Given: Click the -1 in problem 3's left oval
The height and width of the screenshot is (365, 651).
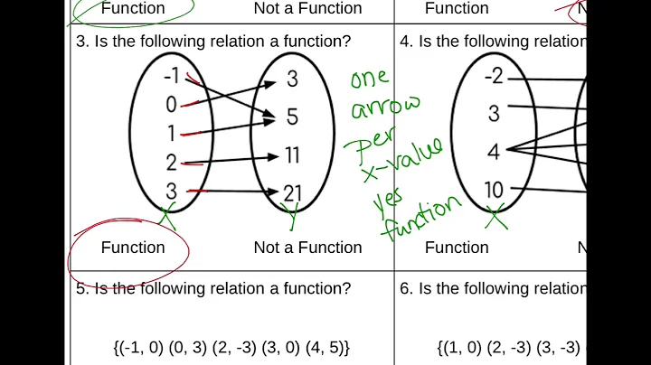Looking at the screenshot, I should tap(170, 77).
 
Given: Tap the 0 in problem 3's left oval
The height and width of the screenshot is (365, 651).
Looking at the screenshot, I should tap(171, 105).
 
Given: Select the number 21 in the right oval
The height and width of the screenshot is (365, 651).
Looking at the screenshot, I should tap(292, 192).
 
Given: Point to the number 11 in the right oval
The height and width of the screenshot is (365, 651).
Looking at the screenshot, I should tap(292, 155).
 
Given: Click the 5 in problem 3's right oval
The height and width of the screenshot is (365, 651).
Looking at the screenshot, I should tap(292, 117).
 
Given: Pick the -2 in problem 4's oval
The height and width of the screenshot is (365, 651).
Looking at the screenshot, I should tap(493, 77).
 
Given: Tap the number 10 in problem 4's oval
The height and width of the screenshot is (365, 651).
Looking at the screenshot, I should tap(493, 191).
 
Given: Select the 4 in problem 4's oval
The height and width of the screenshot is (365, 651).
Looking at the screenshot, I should tap(494, 151).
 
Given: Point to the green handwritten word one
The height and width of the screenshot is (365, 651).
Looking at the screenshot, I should tap(370, 79).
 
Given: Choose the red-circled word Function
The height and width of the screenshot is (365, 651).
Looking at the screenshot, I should tap(133, 248).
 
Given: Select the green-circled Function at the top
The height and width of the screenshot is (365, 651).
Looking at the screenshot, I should tap(133, 9).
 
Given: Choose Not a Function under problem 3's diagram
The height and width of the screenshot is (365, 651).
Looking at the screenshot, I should tap(307, 248).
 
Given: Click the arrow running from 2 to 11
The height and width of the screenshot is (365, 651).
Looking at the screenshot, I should tap(231, 159).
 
